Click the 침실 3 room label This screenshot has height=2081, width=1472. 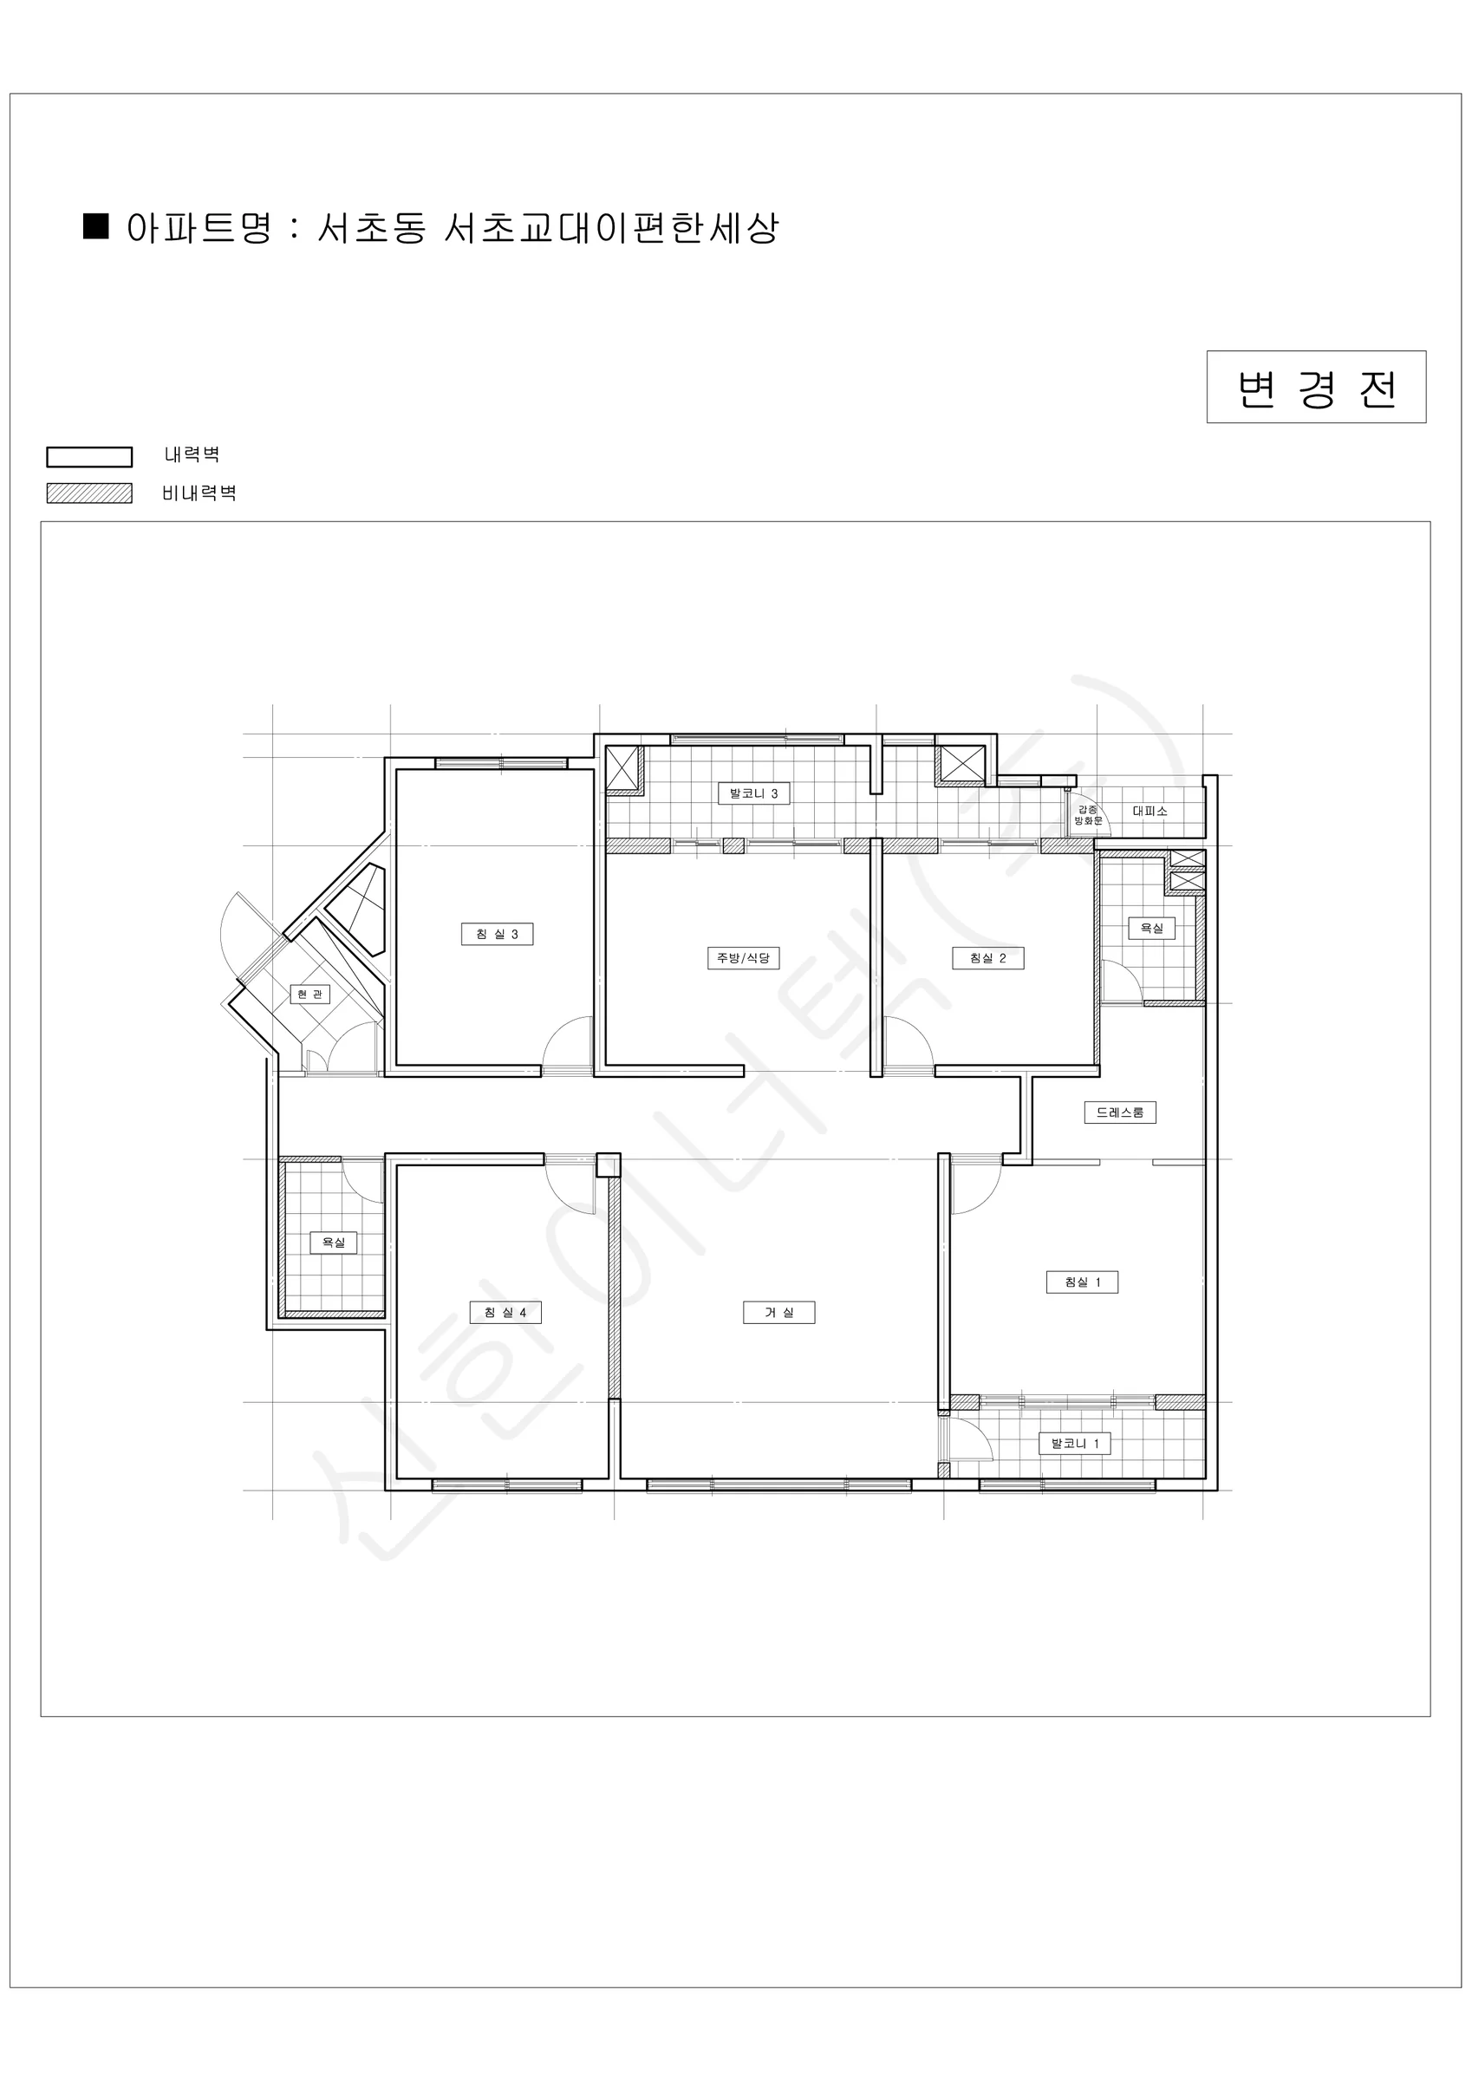click(x=497, y=934)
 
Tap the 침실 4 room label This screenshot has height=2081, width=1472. click(x=505, y=1313)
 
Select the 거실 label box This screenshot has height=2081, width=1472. click(x=778, y=1313)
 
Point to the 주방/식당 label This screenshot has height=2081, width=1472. click(x=743, y=958)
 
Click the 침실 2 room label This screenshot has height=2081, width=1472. click(x=988, y=958)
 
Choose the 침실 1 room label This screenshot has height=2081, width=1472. click(x=1082, y=1282)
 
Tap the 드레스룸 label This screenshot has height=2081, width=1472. click(x=1120, y=1112)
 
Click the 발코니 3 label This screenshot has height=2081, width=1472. click(x=753, y=793)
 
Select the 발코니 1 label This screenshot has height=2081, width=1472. click(x=1074, y=1444)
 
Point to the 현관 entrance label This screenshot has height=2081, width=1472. click(x=310, y=995)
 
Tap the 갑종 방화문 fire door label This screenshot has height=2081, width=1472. click(x=1088, y=815)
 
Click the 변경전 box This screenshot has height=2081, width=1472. click(x=1316, y=387)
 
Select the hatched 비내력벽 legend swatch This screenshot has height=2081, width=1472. click(x=90, y=493)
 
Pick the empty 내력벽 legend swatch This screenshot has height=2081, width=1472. click(x=90, y=457)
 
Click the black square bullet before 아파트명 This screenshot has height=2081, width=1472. click(x=96, y=225)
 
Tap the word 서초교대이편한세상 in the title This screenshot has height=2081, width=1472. click(x=612, y=227)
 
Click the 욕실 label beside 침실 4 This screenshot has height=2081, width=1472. click(x=334, y=1243)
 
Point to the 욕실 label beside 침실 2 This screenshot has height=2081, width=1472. click(x=1151, y=928)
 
